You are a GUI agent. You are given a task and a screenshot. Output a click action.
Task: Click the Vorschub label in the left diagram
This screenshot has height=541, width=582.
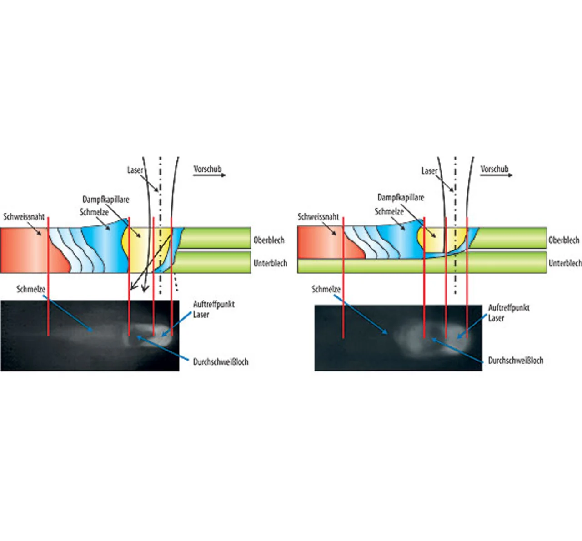click(207, 169)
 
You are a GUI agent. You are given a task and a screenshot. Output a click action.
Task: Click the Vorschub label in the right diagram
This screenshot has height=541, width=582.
click(494, 169)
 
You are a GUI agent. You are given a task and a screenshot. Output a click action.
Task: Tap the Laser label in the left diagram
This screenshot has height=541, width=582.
click(135, 170)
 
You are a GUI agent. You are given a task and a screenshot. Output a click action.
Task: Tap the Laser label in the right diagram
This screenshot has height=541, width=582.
click(429, 171)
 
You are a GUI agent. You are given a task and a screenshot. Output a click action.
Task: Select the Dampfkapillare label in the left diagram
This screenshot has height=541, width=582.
click(105, 199)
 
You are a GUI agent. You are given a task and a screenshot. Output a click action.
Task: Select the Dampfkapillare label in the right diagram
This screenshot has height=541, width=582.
click(401, 197)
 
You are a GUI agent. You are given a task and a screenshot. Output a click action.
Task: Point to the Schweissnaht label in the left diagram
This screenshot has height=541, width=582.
click(24, 216)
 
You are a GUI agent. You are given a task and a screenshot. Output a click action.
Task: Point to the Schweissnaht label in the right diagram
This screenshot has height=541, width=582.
click(318, 217)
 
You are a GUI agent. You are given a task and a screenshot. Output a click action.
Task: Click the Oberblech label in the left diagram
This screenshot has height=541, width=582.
click(269, 240)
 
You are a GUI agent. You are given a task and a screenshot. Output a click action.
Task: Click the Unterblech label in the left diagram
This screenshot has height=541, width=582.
click(270, 263)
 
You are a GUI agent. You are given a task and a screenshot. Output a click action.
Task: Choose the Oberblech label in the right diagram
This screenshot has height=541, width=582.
click(564, 240)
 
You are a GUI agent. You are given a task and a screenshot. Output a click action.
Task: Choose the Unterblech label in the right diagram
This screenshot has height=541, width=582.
click(565, 263)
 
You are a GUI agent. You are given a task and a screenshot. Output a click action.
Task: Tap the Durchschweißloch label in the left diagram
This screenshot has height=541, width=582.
click(221, 361)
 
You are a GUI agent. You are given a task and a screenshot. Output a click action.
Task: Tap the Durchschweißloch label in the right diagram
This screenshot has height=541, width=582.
click(516, 360)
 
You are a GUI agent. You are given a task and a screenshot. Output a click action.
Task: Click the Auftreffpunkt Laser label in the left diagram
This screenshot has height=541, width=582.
click(214, 309)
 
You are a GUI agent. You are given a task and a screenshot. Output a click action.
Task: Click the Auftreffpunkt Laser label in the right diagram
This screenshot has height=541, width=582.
click(508, 312)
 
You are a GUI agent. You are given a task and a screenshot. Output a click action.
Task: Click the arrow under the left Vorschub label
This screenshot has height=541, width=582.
click(209, 175)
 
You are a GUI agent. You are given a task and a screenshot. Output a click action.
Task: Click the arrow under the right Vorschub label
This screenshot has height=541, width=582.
click(496, 175)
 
